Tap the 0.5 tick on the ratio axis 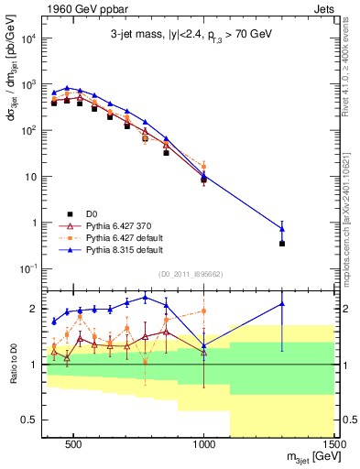point(32,420)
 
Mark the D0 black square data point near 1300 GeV point(282,244)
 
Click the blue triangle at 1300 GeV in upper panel point(282,229)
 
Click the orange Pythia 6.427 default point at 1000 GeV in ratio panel point(204,311)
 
